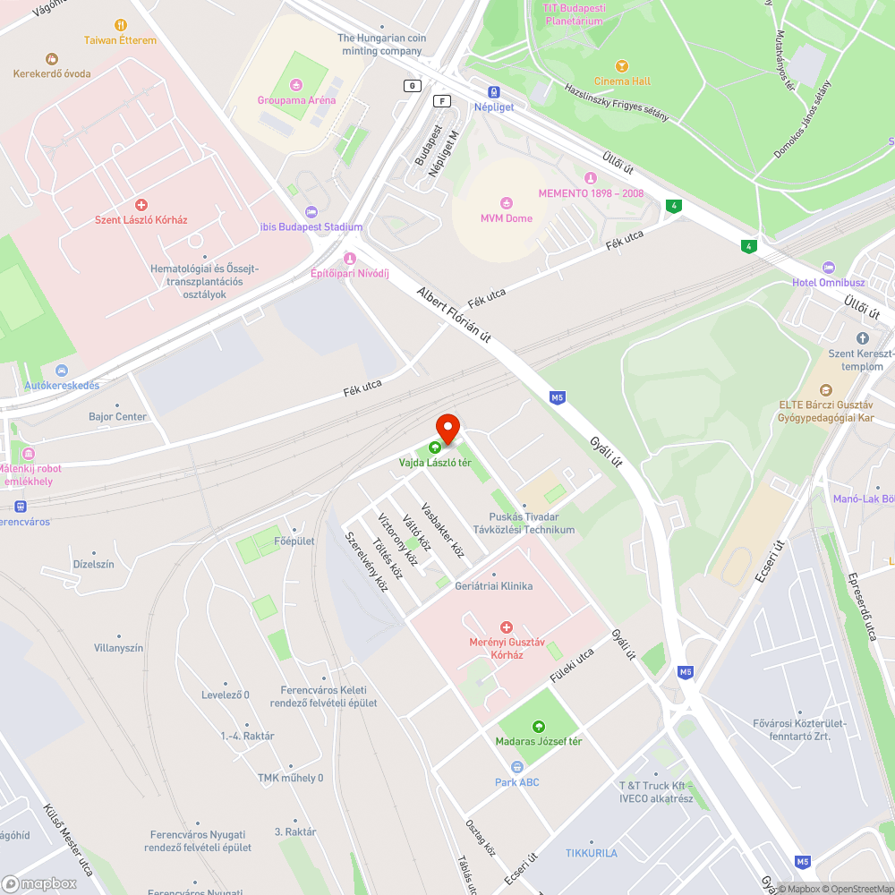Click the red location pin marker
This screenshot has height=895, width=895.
tap(447, 427)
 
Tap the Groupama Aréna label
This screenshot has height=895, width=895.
tap(296, 100)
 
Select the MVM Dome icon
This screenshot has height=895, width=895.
tap(507, 203)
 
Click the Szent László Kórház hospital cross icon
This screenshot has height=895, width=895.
tap(141, 205)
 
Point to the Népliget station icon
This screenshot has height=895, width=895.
tap(493, 91)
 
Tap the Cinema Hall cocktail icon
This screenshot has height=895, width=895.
tap(623, 66)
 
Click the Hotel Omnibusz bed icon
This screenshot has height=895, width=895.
tap(828, 268)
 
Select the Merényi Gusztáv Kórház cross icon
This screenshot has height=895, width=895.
tap(507, 627)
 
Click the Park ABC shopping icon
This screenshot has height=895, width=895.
tap(516, 767)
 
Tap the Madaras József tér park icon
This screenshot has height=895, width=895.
tap(538, 726)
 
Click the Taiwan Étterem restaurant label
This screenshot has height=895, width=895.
tap(120, 40)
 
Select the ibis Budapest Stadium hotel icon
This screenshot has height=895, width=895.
tap(311, 212)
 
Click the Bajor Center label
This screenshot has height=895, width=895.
tap(117, 417)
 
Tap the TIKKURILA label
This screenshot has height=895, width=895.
tap(591, 853)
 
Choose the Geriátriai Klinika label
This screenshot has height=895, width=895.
tap(493, 586)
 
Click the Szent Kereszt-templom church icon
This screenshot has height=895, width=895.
tap(862, 338)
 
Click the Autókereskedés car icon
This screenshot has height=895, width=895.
tap(61, 371)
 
